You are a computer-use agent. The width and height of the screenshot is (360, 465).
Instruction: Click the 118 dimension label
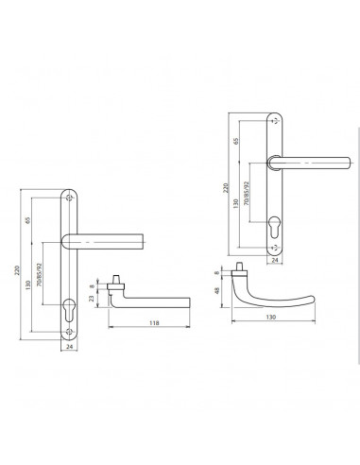pos(154,323)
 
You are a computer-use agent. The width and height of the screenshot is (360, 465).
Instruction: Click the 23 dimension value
pos(92,298)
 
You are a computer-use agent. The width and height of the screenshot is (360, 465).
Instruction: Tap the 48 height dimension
pos(216,291)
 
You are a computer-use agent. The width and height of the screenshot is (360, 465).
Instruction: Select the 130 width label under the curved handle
pos(271,317)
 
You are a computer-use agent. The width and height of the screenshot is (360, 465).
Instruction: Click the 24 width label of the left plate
pos(70,346)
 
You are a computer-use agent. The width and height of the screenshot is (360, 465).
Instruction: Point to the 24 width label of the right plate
pos(275,260)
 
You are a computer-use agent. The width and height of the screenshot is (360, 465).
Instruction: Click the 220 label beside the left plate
pos(17,270)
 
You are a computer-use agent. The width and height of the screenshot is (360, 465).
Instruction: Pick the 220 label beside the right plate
pos(226,188)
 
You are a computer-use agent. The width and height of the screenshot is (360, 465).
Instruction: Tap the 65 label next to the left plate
pos(28,220)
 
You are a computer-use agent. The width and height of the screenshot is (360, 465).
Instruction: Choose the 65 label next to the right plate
pos(236,141)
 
